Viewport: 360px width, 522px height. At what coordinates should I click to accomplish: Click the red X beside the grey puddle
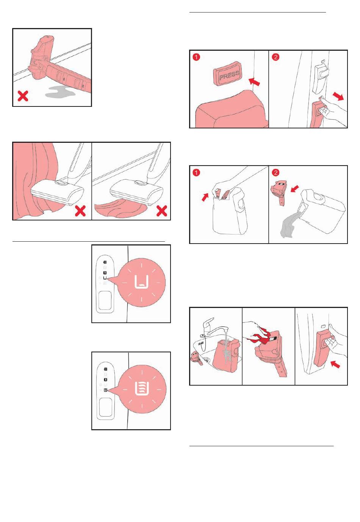coord(23,96)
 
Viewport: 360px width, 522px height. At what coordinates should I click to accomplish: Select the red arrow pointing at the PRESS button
coord(254,81)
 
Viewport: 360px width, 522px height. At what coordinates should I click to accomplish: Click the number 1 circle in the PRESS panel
coord(196,57)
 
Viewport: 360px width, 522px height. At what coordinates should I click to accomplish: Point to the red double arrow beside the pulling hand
coord(338,96)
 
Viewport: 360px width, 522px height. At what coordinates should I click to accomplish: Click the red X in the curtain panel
coord(80,211)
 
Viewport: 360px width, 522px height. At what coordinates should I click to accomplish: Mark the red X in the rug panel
coord(161,211)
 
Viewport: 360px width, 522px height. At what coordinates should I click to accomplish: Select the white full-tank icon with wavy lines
coord(142,389)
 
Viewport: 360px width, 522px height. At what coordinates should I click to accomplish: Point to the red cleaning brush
coord(262,336)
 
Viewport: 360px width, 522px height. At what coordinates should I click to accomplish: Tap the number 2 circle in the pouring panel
coord(275,173)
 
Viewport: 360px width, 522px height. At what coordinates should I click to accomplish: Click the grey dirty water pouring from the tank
coord(290,224)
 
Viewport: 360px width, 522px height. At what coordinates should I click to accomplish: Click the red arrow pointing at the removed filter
coord(295,188)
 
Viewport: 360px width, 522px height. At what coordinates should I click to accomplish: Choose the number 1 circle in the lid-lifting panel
coord(196,173)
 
